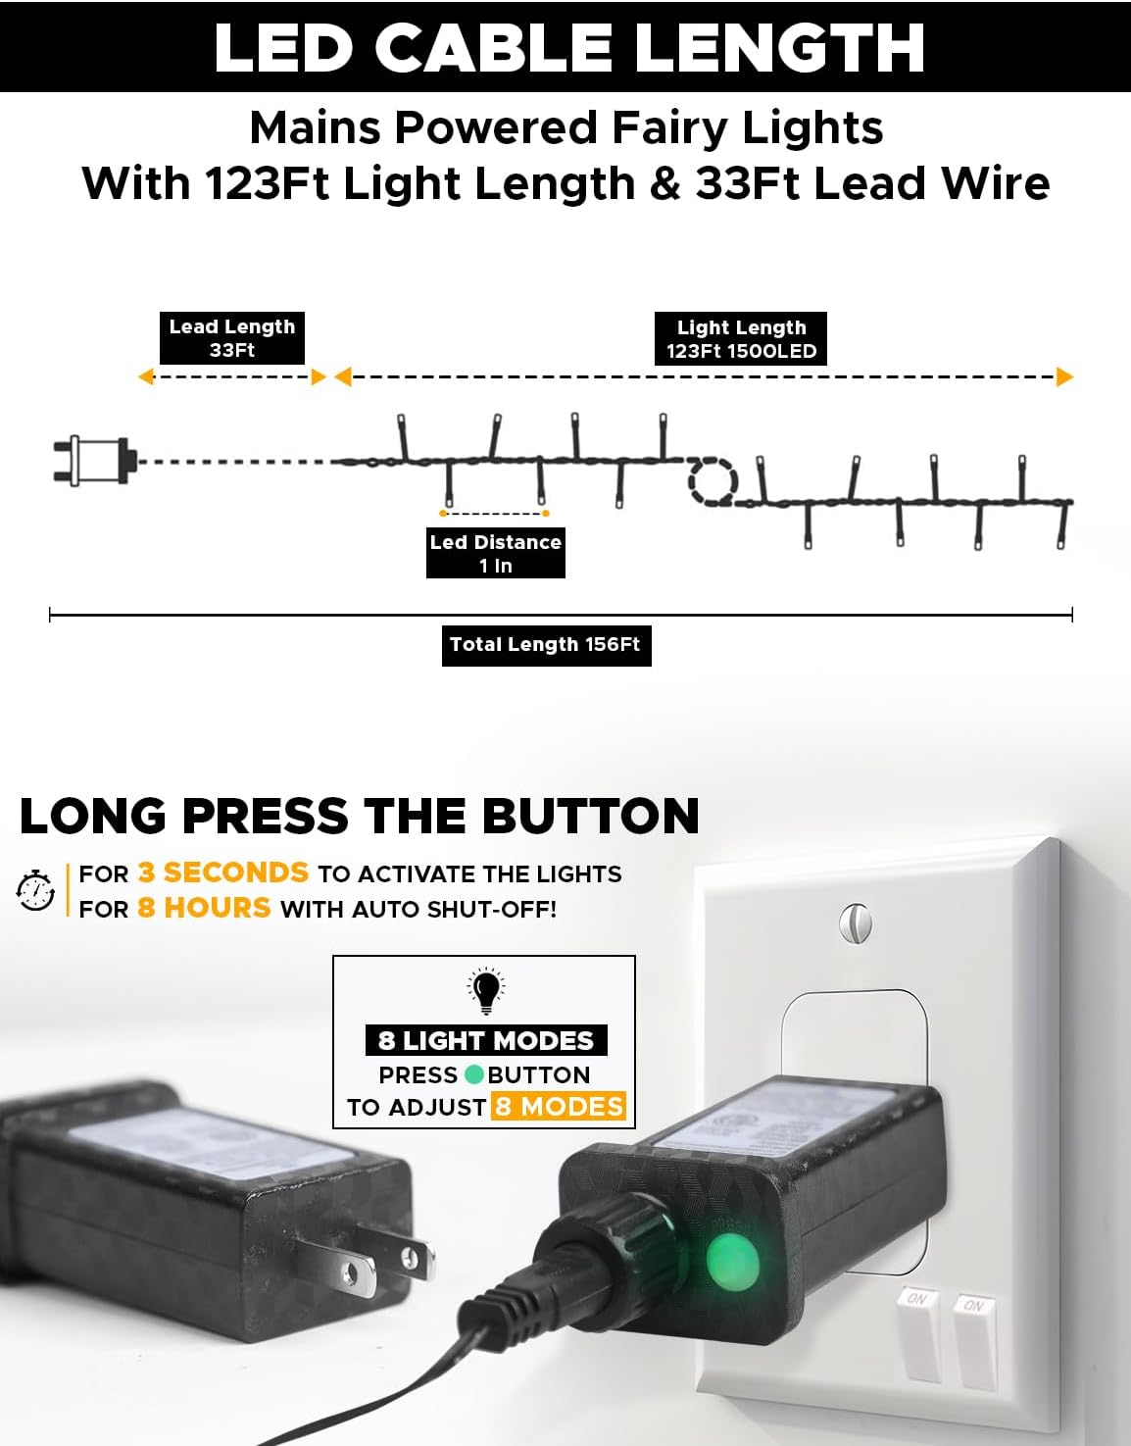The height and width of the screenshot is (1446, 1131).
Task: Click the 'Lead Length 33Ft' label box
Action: [x=232, y=338]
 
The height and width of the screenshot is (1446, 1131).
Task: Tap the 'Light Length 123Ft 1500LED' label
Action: [x=741, y=339]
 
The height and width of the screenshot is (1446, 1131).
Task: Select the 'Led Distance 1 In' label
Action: [x=496, y=553]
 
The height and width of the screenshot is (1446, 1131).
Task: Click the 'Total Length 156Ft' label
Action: [x=546, y=645]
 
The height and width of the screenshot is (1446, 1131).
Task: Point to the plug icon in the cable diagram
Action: [x=95, y=461]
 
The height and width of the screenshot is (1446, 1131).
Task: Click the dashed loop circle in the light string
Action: [x=713, y=480]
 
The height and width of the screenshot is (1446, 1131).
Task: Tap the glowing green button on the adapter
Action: [x=732, y=1262]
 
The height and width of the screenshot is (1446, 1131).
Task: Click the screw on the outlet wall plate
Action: [x=856, y=922]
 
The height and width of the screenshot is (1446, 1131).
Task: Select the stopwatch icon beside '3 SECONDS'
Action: [x=35, y=890]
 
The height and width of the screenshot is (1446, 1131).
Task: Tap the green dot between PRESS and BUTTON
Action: [x=474, y=1074]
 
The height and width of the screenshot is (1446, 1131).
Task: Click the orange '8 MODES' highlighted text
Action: [x=559, y=1107]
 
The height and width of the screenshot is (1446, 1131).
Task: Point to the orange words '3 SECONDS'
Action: [x=222, y=873]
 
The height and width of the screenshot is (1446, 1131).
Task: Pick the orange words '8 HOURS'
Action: [x=204, y=908]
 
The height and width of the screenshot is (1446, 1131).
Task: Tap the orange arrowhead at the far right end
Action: [x=1064, y=376]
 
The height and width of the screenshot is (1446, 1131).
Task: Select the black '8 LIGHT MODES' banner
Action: [x=486, y=1040]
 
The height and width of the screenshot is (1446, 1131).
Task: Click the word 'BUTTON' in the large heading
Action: [x=591, y=816]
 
